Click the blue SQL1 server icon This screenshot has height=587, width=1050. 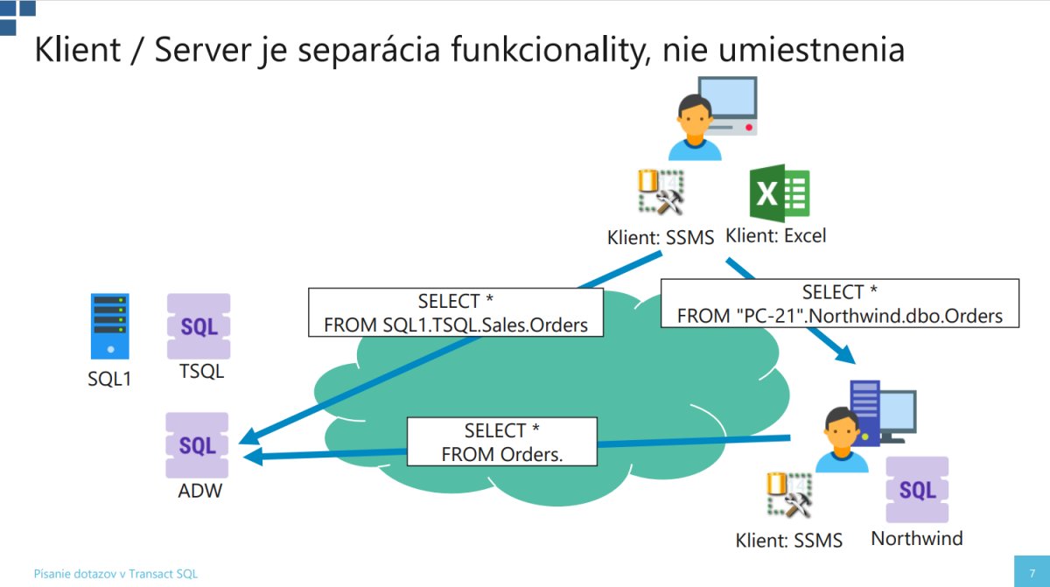[109, 326]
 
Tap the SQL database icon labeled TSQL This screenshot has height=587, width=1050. [199, 326]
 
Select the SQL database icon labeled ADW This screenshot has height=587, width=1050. [197, 445]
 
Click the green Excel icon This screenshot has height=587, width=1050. [780, 193]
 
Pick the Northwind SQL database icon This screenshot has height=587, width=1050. [917, 490]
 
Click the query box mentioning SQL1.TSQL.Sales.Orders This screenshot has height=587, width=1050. [456, 312]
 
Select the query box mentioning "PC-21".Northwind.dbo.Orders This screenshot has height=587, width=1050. [839, 303]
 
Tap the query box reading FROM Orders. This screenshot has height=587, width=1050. [502, 441]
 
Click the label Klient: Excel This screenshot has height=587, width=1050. [776, 235]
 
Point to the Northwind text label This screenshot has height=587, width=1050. [917, 538]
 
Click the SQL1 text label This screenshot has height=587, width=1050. [109, 379]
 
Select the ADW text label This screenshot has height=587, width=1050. [200, 491]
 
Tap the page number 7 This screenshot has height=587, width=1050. [1032, 573]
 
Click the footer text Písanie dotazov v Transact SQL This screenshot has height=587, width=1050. [115, 574]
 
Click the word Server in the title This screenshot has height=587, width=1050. [202, 49]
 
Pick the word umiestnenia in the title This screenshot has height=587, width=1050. [811, 49]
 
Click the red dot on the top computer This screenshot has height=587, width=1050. [749, 128]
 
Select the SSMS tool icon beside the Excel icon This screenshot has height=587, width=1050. [661, 192]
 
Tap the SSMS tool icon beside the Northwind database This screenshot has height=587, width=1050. [789, 495]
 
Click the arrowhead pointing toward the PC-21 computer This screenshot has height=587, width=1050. [846, 354]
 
